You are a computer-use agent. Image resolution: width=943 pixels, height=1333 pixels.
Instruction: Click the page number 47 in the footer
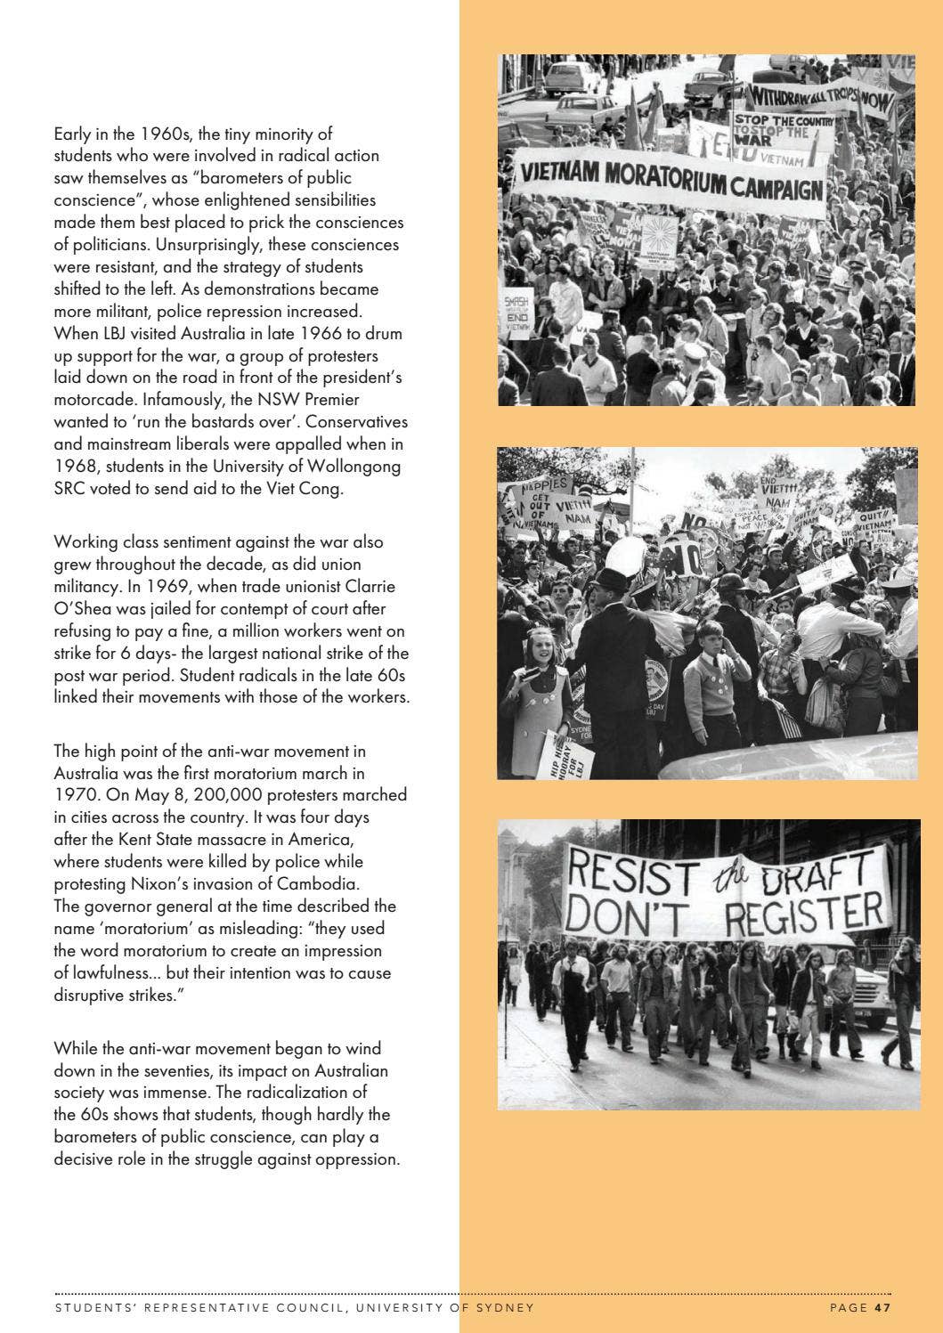pyautogui.click(x=882, y=1307)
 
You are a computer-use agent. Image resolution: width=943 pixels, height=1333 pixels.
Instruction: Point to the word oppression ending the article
pyautogui.click(x=354, y=1159)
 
